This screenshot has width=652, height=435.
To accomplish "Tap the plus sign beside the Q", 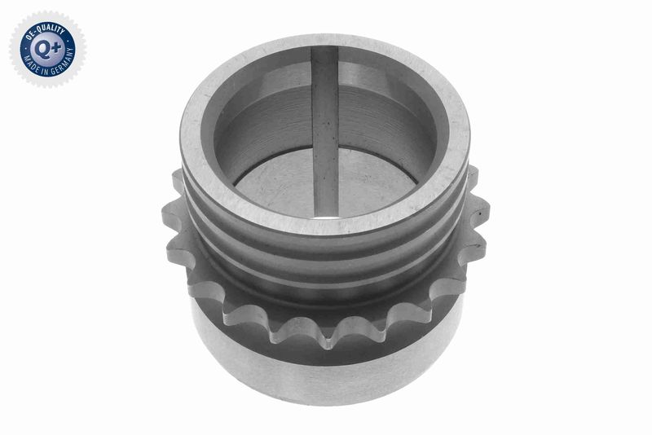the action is click(56, 47).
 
